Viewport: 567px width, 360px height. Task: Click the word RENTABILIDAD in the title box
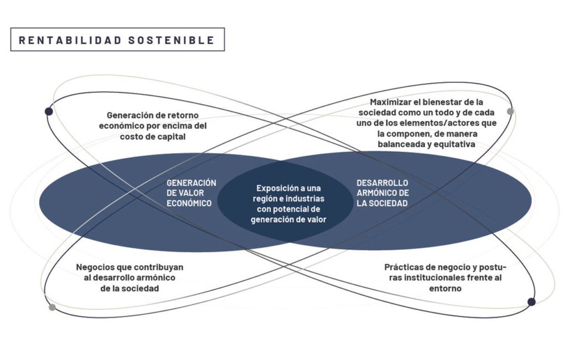tap(70, 40)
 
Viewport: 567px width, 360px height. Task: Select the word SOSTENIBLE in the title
tap(172, 40)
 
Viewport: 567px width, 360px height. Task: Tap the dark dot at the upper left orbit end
tap(49, 111)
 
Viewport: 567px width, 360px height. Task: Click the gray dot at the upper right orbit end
tap(510, 111)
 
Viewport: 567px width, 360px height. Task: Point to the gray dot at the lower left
tap(52, 307)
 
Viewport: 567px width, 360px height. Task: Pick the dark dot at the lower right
tap(531, 302)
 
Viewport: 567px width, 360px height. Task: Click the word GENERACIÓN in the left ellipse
tap(191, 183)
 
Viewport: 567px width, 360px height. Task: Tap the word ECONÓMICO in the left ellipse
tap(189, 203)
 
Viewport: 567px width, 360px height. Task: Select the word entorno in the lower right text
tap(445, 289)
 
